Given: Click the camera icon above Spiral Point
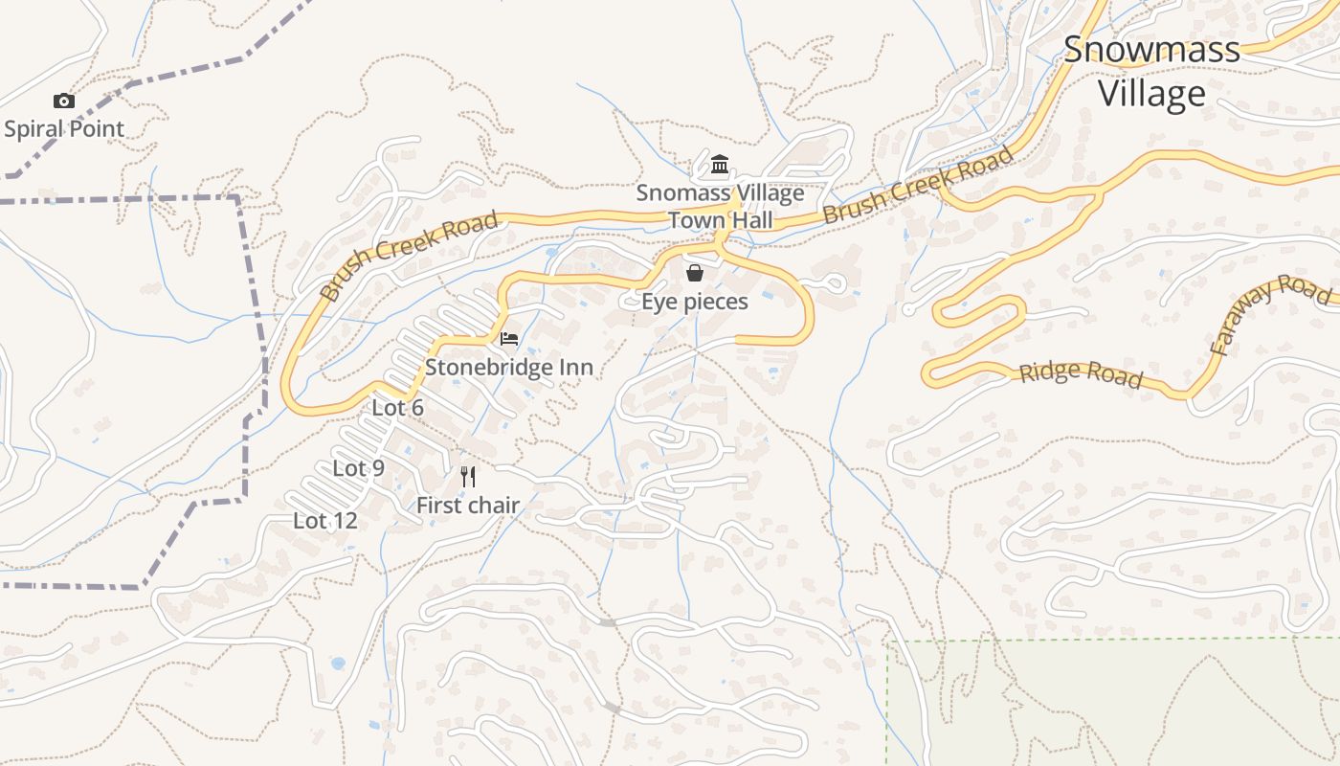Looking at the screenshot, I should [64, 101].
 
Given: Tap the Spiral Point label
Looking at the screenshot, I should [64, 128].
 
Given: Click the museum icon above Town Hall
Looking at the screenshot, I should [720, 165].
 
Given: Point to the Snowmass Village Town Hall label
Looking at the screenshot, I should [720, 206].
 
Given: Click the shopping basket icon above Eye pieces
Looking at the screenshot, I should [695, 273].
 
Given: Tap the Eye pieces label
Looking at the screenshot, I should [694, 301].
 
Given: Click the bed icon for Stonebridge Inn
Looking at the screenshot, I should [509, 338].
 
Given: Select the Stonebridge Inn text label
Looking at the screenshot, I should [508, 367].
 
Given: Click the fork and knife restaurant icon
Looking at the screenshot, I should [468, 476].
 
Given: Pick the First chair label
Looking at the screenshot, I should [468, 505].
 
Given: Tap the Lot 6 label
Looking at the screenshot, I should [397, 407].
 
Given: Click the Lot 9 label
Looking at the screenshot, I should [358, 467].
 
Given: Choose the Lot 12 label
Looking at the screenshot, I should [324, 520].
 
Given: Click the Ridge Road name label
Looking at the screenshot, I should [1081, 372].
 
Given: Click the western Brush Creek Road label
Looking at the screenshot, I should [409, 256].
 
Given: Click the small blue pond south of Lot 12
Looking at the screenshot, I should [337, 663].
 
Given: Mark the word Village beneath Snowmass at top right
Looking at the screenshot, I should [1151, 94].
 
